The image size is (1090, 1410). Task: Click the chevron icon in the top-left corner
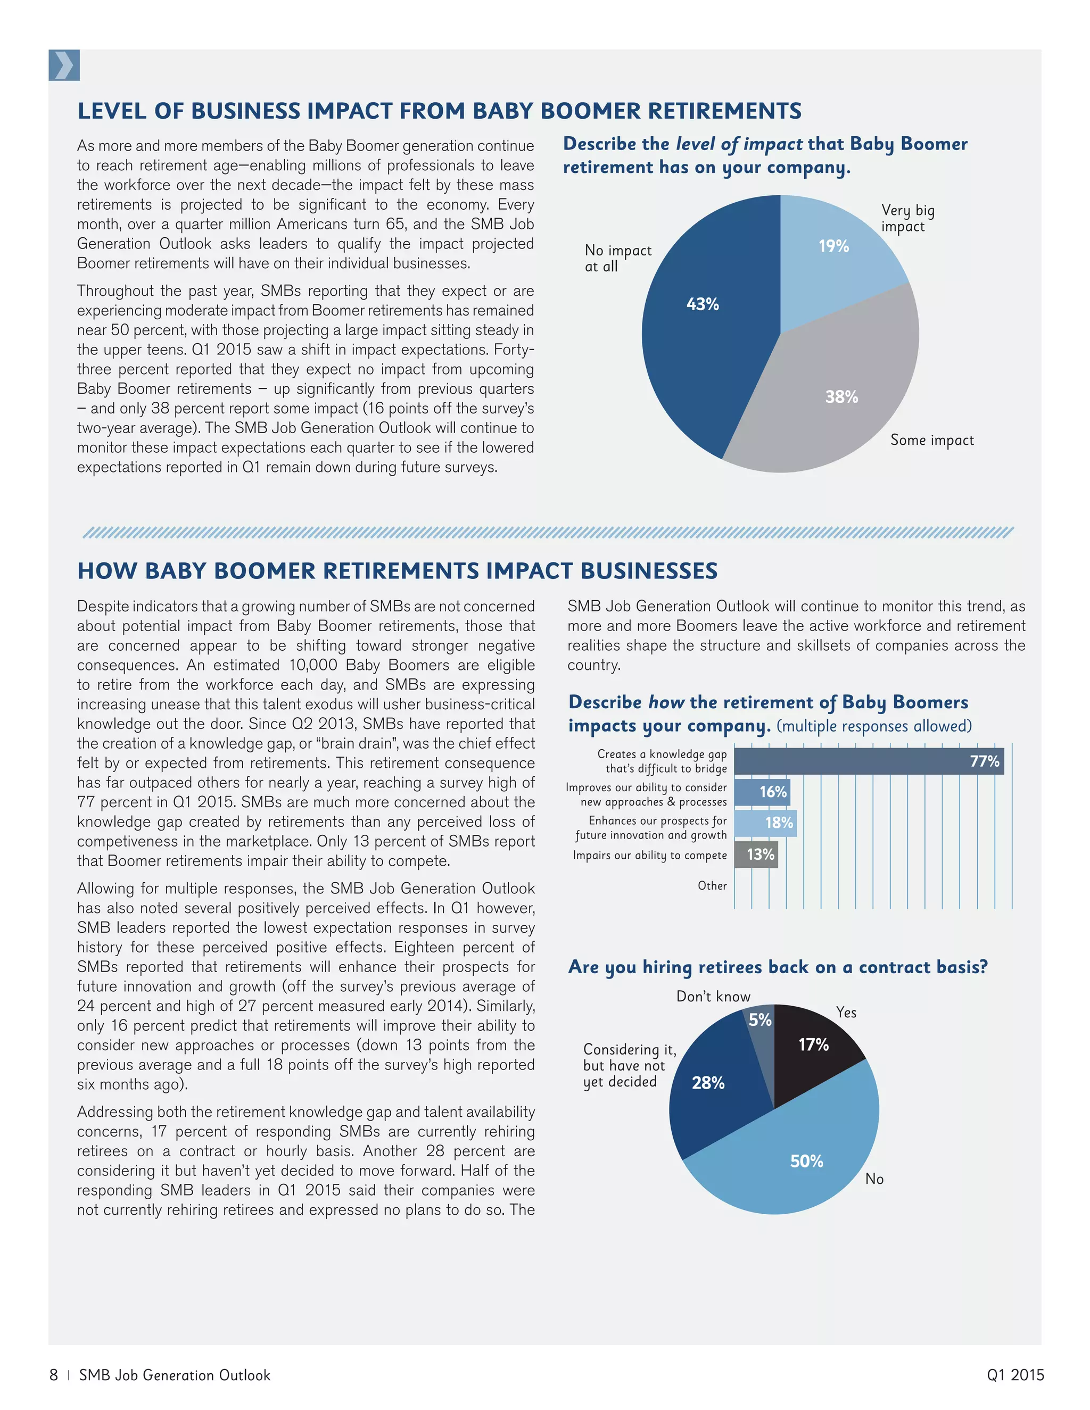click(64, 65)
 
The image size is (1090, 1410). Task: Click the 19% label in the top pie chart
click(833, 246)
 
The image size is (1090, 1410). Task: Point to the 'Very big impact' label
click(907, 218)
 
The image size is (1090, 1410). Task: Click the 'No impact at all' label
click(617, 258)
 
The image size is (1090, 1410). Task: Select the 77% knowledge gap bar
click(868, 761)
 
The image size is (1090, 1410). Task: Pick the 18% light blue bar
click(765, 823)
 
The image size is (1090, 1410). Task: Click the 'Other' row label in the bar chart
click(712, 886)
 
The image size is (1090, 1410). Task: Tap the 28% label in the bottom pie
click(708, 1083)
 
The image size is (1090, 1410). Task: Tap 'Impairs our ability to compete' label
click(650, 855)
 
